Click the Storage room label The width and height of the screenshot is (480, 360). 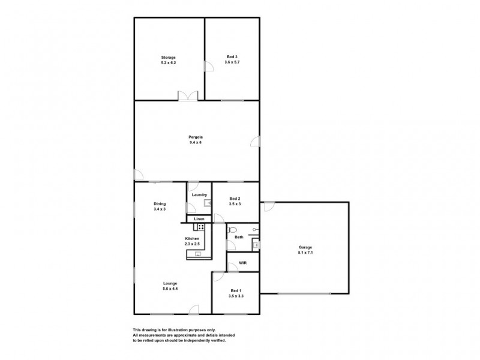(x=167, y=58)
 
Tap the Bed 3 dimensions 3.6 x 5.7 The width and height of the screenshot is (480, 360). (x=232, y=62)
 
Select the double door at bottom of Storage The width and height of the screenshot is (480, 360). (x=186, y=95)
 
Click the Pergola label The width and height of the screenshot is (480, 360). (x=196, y=137)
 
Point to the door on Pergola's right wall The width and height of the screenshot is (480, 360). (x=256, y=142)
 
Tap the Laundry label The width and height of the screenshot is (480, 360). (x=199, y=194)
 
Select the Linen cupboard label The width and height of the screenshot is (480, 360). (x=199, y=219)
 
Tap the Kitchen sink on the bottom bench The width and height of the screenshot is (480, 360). (x=197, y=254)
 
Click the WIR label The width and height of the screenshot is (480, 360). (x=243, y=262)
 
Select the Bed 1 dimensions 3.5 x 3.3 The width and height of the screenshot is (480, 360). (x=236, y=296)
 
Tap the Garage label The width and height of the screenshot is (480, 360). (x=305, y=247)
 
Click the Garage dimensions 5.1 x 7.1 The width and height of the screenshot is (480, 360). (x=305, y=253)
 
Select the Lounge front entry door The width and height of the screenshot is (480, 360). (x=194, y=310)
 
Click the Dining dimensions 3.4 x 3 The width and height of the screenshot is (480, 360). (x=160, y=209)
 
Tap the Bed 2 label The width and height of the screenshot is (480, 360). (x=235, y=199)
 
